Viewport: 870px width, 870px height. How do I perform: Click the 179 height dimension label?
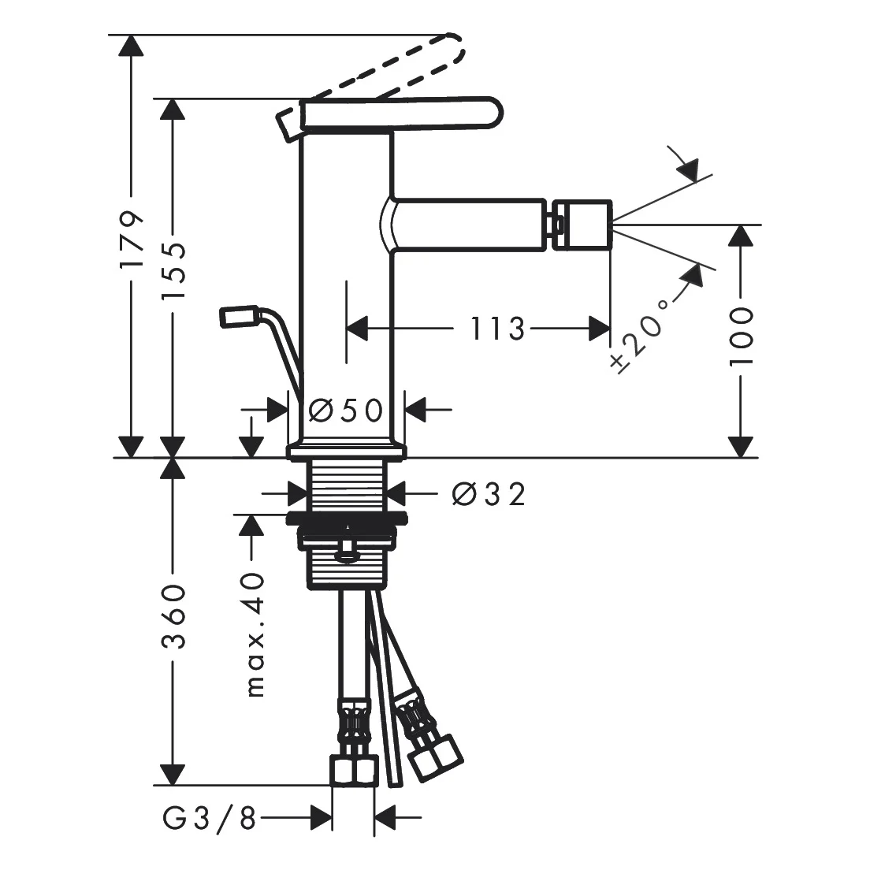point(132,239)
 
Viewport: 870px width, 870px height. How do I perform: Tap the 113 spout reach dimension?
point(498,329)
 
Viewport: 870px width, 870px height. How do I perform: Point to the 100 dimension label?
point(742,336)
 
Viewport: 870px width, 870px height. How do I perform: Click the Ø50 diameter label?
point(346,411)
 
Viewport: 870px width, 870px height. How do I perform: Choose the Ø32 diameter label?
point(489,494)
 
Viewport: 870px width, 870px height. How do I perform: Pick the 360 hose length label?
point(173,616)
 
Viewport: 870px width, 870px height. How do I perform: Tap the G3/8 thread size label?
point(210,816)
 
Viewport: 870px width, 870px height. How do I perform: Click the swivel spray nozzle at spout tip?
point(582,225)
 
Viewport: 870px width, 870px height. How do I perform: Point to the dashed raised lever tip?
point(452,50)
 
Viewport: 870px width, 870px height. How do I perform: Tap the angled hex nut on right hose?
point(436,756)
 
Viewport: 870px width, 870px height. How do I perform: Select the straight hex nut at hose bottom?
point(354,770)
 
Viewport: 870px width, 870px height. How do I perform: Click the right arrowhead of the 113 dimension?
point(599,329)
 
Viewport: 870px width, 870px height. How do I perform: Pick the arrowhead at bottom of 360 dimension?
point(173,775)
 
